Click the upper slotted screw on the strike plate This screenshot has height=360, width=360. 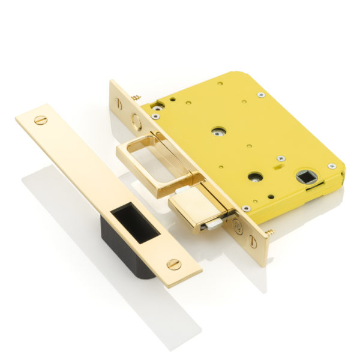pyautogui.click(x=41, y=120)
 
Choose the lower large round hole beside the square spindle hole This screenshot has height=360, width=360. pyautogui.click(x=256, y=177)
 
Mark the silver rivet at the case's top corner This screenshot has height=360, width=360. pyautogui.click(x=260, y=95)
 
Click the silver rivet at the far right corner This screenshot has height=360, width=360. pyautogui.click(x=331, y=166)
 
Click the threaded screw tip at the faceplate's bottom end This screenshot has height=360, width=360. pyautogui.click(x=271, y=231)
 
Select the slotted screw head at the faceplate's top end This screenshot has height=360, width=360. pyautogui.click(x=119, y=102)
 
